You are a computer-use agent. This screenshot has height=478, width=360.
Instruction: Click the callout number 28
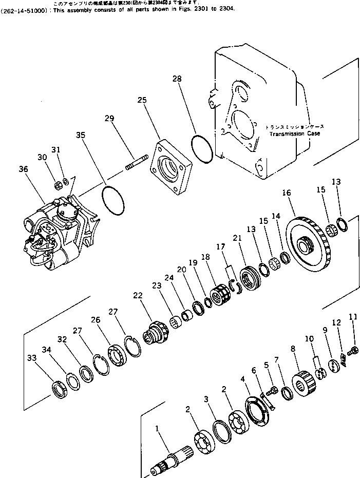[177, 79]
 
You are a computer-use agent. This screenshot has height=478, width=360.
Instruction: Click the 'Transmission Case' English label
[294, 133]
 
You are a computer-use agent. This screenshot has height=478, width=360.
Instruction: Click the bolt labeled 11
[353, 352]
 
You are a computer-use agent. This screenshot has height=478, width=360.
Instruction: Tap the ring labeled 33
[60, 389]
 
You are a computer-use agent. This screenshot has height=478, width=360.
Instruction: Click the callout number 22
[138, 296]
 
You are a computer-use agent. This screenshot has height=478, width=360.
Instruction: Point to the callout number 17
[220, 247]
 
